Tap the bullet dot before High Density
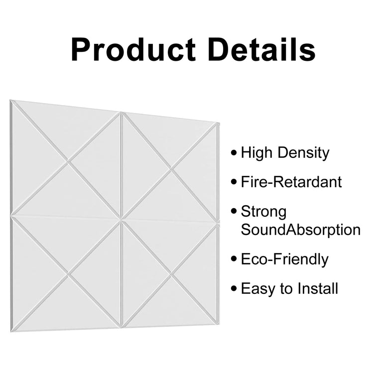tap(234, 153)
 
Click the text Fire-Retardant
tap(291, 182)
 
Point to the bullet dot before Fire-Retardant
tap(234, 182)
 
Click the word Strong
tap(263, 212)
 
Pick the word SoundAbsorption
tap(300, 230)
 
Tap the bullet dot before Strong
tap(234, 212)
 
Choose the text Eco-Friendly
tap(284, 259)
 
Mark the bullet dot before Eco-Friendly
tap(234, 259)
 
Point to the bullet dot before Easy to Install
tap(234, 288)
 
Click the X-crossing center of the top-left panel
tap(68, 161)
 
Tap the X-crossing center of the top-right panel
tap(172, 169)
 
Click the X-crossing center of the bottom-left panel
tap(68, 273)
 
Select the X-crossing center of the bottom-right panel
tap(172, 274)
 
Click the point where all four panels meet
tap(121, 219)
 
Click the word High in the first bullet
tap(256, 153)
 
